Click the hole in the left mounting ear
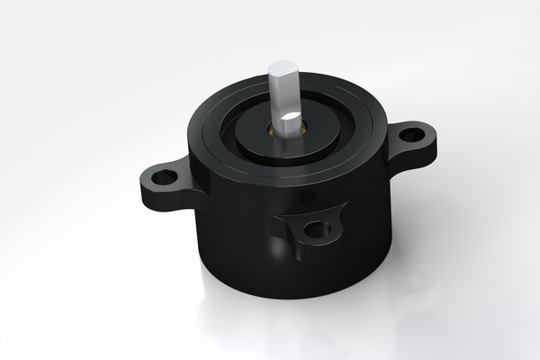[164, 177]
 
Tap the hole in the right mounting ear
[411, 136]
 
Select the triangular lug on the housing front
[310, 230]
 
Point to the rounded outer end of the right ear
[433, 136]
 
